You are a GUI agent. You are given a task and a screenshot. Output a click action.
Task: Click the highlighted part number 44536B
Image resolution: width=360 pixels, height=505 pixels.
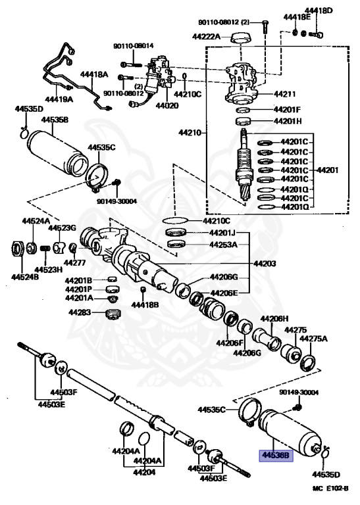[276, 456]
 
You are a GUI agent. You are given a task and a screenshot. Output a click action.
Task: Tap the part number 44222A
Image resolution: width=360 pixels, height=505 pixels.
[206, 36]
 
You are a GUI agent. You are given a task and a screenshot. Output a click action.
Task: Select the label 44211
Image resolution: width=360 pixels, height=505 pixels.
[285, 94]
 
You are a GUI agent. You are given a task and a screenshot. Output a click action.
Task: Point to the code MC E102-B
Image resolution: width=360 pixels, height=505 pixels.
[330, 489]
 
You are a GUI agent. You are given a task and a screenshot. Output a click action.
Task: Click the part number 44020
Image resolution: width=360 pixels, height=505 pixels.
[167, 106]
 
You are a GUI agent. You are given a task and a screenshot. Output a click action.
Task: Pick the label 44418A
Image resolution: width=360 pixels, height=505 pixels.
[94, 75]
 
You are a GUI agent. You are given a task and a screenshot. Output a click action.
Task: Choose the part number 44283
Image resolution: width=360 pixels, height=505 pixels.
[80, 312]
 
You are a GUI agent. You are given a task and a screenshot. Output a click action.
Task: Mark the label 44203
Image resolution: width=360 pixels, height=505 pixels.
[265, 264]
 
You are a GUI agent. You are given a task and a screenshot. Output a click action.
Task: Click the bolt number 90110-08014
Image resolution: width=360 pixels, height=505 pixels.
[134, 46]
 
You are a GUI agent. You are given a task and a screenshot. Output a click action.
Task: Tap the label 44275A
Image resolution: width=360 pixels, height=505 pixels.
[313, 339]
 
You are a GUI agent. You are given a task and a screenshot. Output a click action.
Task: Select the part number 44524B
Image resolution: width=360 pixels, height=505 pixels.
[25, 277]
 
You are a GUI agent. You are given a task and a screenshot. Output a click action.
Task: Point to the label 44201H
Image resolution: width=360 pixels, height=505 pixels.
[288, 122]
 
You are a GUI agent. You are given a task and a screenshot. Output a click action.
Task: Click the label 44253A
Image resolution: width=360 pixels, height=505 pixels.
[223, 245]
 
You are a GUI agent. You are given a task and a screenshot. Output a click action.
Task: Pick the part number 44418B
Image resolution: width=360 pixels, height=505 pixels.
[145, 304]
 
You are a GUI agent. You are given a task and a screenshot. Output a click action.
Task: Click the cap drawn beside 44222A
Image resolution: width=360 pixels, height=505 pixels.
[242, 37]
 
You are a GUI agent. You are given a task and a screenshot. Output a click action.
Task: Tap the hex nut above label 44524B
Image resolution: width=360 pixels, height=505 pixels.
[18, 249]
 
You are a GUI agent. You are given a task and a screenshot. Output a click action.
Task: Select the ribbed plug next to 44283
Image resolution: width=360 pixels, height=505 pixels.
[113, 314]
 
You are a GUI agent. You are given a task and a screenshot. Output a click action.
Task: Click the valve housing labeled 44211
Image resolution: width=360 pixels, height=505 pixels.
[242, 84]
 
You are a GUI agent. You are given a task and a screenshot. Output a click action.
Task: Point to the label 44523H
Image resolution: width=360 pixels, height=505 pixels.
[48, 270]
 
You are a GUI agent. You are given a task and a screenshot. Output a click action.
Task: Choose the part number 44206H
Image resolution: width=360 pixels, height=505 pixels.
[274, 318]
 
